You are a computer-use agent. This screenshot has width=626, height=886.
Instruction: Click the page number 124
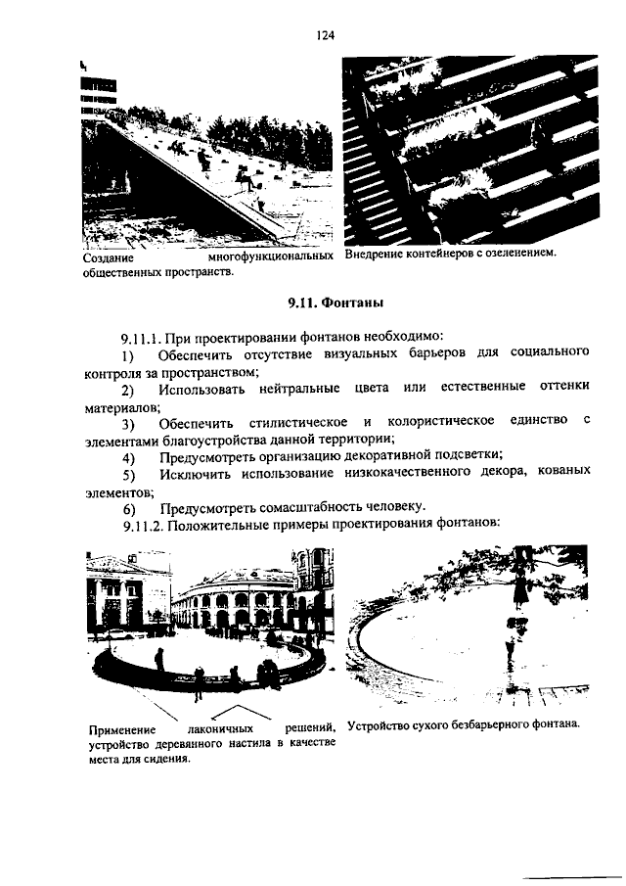coord(326,35)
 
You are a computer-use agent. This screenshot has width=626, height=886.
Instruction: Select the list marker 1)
coord(127,353)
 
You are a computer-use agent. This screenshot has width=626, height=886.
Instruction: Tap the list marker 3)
coord(128,424)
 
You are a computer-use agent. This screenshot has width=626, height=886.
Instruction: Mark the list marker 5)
coord(128,475)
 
